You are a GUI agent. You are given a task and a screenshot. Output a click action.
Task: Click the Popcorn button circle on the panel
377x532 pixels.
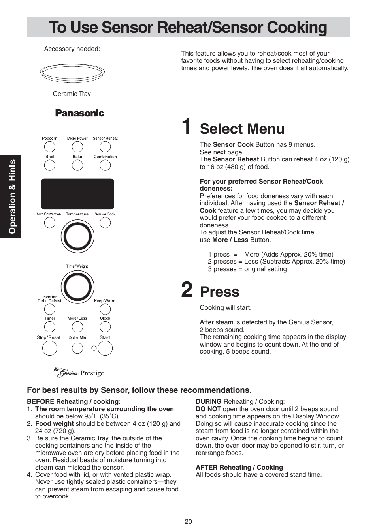(x=50, y=147)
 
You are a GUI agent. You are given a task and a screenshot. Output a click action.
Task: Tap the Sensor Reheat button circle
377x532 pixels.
(x=105, y=147)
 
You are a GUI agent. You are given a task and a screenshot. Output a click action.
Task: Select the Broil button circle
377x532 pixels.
(x=50, y=165)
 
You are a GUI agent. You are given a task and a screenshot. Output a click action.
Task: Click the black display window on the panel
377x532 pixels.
(x=77, y=194)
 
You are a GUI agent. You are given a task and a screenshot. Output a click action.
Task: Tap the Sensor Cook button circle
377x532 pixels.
(x=105, y=223)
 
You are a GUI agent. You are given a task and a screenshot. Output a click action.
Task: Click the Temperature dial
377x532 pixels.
(x=77, y=237)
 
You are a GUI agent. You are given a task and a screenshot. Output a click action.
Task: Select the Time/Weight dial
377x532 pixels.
(x=77, y=287)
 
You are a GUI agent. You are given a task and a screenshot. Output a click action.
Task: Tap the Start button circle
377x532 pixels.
(x=105, y=348)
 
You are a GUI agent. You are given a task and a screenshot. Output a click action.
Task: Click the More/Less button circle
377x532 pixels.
(x=77, y=327)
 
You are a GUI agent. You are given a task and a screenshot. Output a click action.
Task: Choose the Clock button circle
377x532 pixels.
(x=105, y=327)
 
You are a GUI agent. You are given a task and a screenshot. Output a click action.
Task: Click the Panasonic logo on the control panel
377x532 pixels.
(x=79, y=113)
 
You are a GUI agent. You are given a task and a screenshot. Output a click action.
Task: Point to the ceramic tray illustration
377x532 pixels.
(x=72, y=73)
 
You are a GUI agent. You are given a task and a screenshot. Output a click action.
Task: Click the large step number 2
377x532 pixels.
(x=187, y=290)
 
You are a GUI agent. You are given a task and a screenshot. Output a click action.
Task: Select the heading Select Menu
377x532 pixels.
(x=242, y=129)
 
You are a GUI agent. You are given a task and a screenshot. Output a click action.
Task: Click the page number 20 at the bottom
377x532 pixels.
(x=188, y=521)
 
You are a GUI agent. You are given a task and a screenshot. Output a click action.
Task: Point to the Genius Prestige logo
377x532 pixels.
(x=79, y=372)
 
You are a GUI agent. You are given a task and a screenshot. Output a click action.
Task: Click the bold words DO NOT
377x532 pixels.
(x=208, y=409)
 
